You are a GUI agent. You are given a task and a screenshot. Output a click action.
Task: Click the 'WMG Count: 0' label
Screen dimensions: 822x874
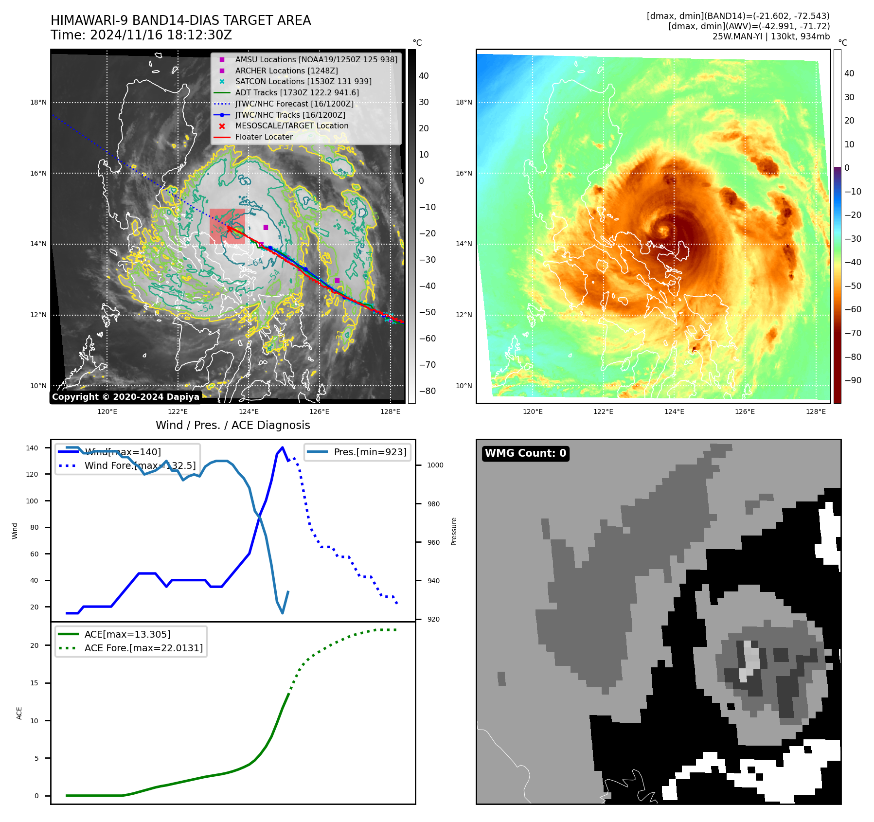[525, 453]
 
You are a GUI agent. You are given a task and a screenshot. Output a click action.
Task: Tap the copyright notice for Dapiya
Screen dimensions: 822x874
[125, 397]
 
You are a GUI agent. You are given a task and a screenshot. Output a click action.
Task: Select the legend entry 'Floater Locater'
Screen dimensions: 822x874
[264, 137]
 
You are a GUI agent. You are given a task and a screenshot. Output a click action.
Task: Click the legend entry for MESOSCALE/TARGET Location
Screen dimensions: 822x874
[292, 126]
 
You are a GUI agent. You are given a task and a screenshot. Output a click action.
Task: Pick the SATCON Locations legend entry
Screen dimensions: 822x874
[303, 82]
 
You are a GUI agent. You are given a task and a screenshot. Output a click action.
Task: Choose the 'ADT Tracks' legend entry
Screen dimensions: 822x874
[297, 92]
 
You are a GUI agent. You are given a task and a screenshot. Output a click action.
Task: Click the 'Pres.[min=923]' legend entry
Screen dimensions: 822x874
[370, 452]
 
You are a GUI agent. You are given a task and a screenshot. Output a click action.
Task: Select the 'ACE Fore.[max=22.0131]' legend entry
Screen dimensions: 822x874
[143, 648]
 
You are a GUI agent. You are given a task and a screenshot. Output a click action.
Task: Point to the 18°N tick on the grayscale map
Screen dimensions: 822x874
[38, 103]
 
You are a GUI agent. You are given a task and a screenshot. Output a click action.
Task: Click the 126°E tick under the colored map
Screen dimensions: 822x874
[745, 412]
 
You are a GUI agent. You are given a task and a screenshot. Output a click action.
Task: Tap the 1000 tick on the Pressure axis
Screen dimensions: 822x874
[435, 465]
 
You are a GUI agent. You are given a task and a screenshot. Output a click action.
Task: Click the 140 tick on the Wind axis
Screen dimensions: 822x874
[32, 448]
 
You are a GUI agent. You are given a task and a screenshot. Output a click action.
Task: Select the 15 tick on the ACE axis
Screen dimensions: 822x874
[34, 683]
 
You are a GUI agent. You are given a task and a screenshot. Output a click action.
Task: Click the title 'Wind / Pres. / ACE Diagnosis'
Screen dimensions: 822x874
[232, 425]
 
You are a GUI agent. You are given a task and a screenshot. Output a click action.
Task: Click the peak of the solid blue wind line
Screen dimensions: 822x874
[283, 447]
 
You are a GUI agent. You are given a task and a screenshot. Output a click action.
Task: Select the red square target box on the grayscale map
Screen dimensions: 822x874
[227, 227]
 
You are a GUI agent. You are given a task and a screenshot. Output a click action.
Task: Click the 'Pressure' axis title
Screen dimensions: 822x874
[454, 531]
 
